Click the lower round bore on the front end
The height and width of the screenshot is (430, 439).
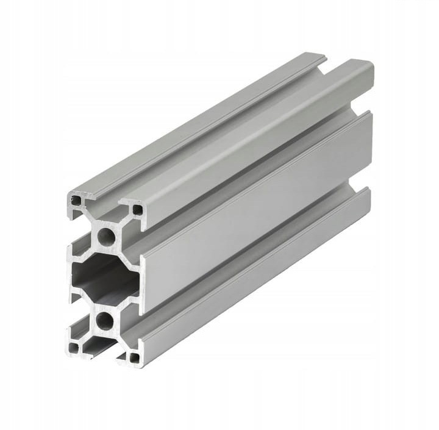click(x=105, y=320)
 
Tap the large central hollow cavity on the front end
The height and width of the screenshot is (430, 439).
click(x=104, y=278)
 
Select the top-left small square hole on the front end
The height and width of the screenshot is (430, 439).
click(x=76, y=200)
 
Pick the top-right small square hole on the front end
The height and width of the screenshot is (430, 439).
click(x=138, y=210)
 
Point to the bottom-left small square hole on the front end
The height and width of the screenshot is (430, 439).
click(x=74, y=348)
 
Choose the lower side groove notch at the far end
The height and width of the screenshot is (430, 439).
click(x=360, y=184)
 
